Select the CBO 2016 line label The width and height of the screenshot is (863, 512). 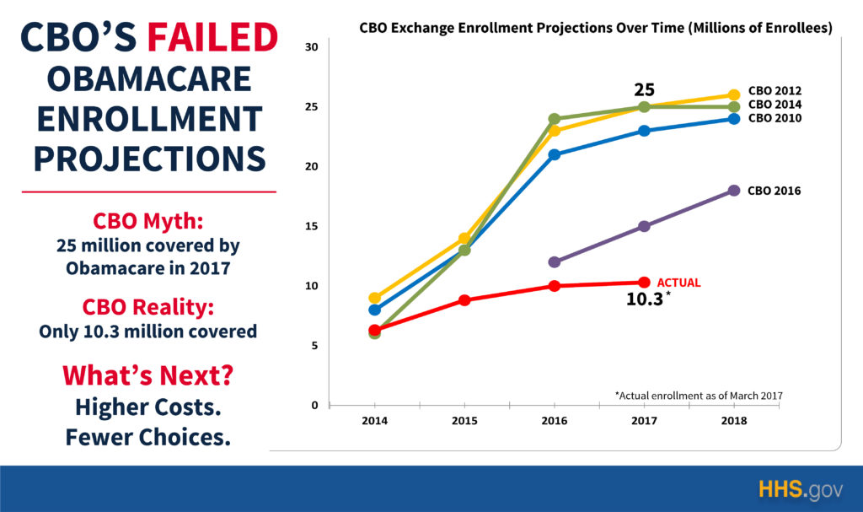(774, 191)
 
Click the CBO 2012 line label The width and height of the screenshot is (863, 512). (774, 91)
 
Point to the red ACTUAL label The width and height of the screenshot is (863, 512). (678, 283)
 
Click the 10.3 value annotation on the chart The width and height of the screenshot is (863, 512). (646, 299)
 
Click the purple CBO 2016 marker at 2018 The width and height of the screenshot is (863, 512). (733, 191)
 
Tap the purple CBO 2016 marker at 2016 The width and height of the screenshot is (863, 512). (554, 262)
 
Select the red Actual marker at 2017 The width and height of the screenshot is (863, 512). (644, 283)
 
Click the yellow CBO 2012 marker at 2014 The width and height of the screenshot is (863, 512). (374, 298)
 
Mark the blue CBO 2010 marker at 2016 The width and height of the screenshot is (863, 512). (554, 155)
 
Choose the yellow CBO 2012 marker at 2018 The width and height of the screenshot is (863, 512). (733, 95)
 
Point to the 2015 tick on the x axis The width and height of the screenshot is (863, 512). (464, 419)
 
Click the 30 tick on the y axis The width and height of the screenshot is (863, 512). (311, 46)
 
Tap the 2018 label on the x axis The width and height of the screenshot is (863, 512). (733, 419)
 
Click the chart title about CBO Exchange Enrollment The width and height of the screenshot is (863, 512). (595, 28)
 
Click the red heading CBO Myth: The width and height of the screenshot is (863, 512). (148, 222)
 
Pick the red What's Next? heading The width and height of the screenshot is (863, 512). (148, 374)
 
